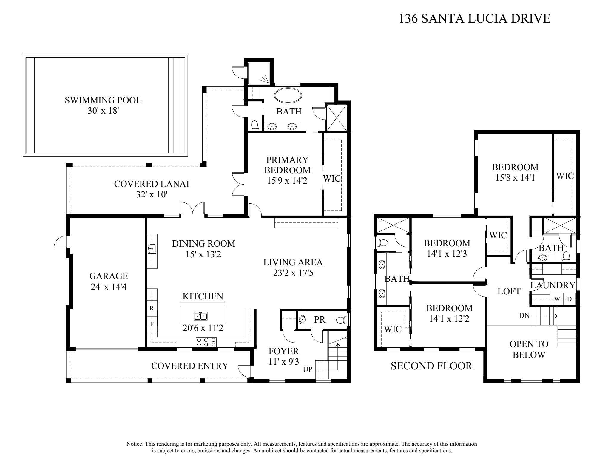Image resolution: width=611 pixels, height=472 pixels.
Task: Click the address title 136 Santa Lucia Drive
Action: [474, 18]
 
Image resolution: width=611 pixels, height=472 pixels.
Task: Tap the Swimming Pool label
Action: [103, 100]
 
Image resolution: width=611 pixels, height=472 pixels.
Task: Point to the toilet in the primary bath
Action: [254, 126]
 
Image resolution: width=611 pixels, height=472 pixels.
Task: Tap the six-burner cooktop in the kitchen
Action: [206, 342]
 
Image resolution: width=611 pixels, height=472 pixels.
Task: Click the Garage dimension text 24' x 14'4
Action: [109, 287]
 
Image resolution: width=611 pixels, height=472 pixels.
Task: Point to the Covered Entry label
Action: [189, 366]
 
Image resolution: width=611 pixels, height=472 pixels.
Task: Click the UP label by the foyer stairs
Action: [308, 369]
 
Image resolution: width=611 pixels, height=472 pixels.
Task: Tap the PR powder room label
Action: [320, 320]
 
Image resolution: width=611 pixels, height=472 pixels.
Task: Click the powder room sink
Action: [302, 320]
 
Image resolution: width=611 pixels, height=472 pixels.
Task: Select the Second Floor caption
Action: [431, 366]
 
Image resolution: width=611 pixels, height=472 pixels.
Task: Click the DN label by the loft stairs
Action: [524, 315]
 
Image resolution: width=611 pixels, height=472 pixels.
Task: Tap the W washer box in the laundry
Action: [557, 299]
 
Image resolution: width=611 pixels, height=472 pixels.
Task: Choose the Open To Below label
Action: [529, 349]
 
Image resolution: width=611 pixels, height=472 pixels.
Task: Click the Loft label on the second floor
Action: [509, 291]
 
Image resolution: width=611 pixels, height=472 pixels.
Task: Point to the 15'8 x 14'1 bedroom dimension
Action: [515, 178]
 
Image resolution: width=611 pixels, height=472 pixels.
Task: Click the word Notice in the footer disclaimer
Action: [135, 444]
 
